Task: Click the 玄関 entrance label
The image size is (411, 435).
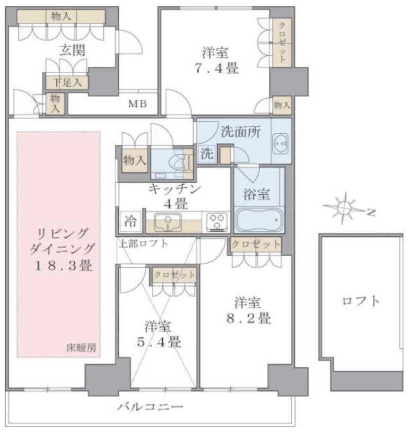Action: [x=72, y=51]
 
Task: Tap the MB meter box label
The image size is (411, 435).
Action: [x=137, y=104]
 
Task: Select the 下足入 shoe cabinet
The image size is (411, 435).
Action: [x=67, y=82]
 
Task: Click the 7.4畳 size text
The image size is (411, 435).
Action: [x=217, y=68]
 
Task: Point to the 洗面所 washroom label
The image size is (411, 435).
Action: [x=241, y=132]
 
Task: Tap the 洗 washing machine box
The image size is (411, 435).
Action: [x=207, y=153]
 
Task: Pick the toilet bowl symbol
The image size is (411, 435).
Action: [x=178, y=162]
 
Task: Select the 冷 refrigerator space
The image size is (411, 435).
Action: [x=130, y=222]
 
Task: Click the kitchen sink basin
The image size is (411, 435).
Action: [x=168, y=222]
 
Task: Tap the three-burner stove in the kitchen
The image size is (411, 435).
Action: [x=218, y=222]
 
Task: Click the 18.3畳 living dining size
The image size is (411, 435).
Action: [x=63, y=266]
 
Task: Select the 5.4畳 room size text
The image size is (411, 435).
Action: [x=159, y=342]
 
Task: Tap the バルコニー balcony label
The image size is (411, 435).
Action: [x=150, y=407]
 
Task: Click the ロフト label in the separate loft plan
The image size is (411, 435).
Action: [x=361, y=301]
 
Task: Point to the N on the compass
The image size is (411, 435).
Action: [x=371, y=212]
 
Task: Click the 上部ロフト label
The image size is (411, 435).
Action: [x=143, y=244]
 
